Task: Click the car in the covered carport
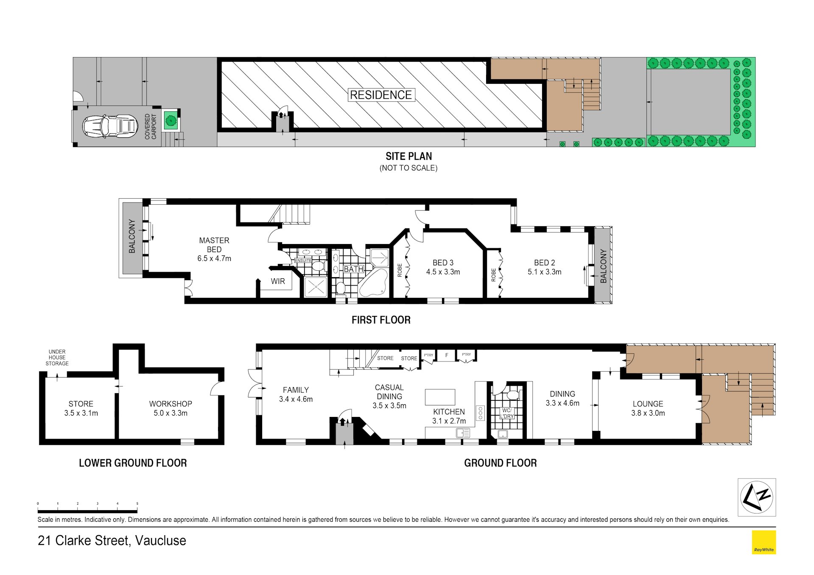pyautogui.click(x=110, y=126)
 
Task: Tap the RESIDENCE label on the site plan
pyautogui.click(x=381, y=95)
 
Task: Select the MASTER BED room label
pyautogui.click(x=214, y=245)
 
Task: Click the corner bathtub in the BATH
pyautogui.click(x=374, y=283)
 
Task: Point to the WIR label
pyautogui.click(x=278, y=281)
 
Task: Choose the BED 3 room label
pyautogui.click(x=443, y=263)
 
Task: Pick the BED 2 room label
pyautogui.click(x=545, y=263)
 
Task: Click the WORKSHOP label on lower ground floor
pyautogui.click(x=171, y=404)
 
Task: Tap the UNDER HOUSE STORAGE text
pyautogui.click(x=57, y=358)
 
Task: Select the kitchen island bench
pyautogui.click(x=440, y=397)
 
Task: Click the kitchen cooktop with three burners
pyautogui.click(x=480, y=413)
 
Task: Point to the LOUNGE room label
pyautogui.click(x=648, y=404)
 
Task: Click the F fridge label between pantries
pyautogui.click(x=446, y=355)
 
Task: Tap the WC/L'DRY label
pyautogui.click(x=507, y=414)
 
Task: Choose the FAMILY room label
pyautogui.click(x=296, y=390)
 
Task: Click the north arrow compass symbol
pyautogui.click(x=757, y=497)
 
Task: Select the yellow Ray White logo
pyautogui.click(x=764, y=542)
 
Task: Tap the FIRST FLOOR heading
pyautogui.click(x=381, y=320)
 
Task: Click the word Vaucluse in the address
pyautogui.click(x=160, y=541)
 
